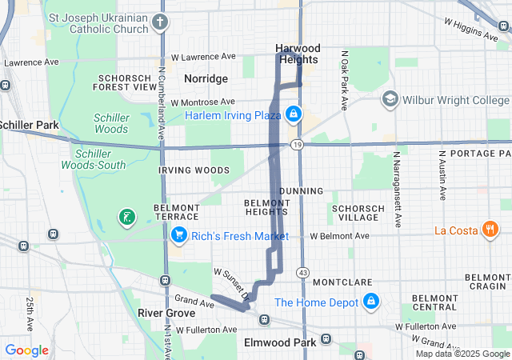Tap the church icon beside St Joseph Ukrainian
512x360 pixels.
161,22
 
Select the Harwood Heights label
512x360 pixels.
297,54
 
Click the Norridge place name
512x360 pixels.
206,78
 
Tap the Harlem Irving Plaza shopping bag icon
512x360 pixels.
294,114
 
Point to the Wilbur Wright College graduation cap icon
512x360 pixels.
390,99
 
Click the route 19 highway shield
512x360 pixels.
297,145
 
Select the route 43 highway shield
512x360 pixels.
302,273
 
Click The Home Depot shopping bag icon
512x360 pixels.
370,302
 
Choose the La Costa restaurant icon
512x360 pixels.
490,230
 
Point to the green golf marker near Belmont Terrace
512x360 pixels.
126,216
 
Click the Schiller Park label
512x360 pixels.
28,126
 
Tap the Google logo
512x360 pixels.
26,350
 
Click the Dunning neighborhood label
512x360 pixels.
302,191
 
